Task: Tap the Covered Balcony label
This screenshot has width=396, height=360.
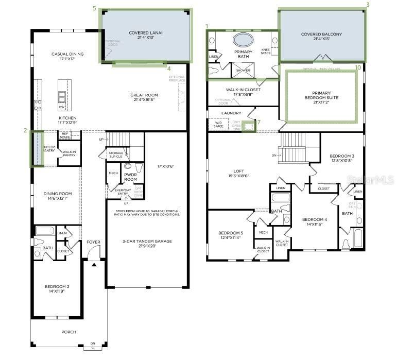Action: click(321, 37)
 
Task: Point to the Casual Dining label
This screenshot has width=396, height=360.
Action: click(67, 56)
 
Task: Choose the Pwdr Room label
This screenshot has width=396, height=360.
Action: click(130, 177)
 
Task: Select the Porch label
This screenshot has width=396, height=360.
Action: click(68, 332)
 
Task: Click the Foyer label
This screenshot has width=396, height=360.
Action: click(93, 242)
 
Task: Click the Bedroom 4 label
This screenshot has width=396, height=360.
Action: click(315, 222)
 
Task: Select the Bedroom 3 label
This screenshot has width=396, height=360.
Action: click(341, 158)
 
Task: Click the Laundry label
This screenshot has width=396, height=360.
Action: click(231, 113)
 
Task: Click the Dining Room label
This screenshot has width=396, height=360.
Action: click(57, 196)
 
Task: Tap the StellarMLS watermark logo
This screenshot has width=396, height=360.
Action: click(371, 179)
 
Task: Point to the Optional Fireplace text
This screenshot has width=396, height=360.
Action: click(177, 79)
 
